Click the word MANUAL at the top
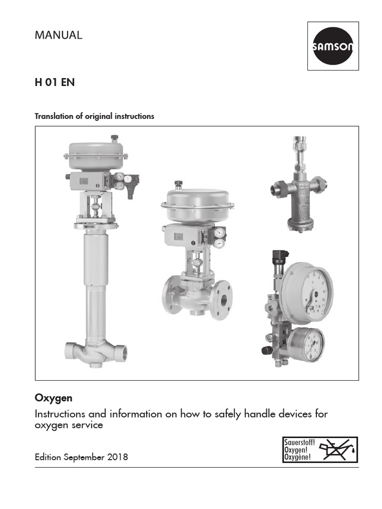click(58, 35)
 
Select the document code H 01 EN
click(54, 83)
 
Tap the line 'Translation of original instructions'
click(94, 116)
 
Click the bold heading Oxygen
click(53, 398)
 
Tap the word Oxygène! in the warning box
click(297, 457)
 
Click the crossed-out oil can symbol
click(338, 450)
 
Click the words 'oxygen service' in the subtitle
click(69, 425)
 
